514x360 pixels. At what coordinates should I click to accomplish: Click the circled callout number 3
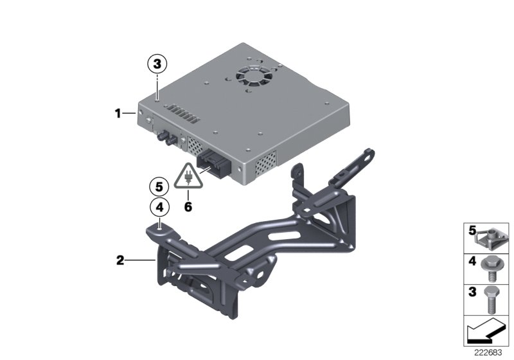click(x=158, y=64)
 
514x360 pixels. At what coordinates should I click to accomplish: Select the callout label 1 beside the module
click(x=118, y=114)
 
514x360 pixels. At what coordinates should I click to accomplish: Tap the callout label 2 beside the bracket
click(x=120, y=260)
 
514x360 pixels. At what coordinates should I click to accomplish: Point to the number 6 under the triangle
click(x=188, y=207)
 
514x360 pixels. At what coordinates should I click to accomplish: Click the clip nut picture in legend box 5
click(x=491, y=237)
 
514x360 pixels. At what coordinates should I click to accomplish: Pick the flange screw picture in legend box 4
click(x=491, y=267)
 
